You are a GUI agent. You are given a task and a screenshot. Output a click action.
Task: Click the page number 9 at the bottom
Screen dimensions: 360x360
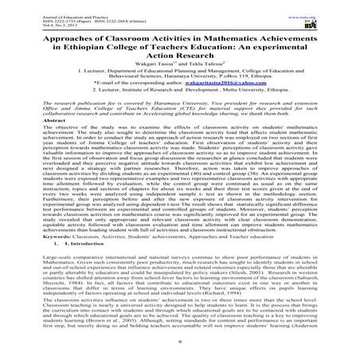pyautogui.click(x=179, y=351)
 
